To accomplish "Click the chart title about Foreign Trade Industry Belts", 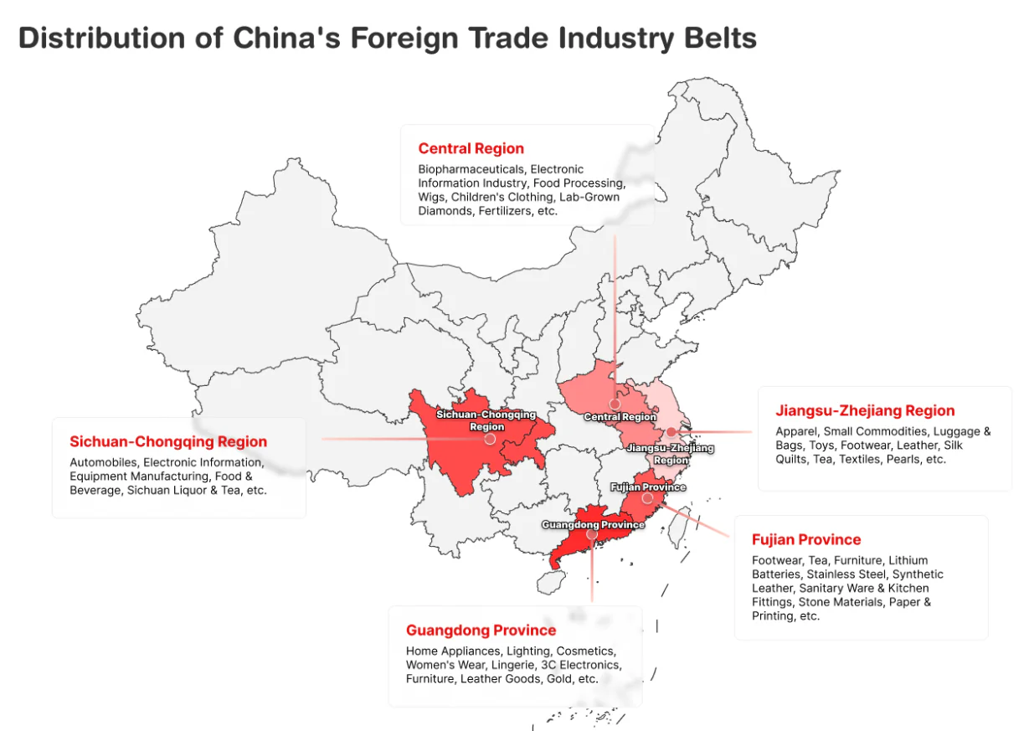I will pyautogui.click(x=387, y=38).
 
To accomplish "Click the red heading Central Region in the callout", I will pyautogui.click(x=471, y=149).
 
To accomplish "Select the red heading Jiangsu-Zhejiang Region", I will pyautogui.click(x=865, y=410).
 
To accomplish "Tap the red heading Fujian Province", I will pyautogui.click(x=805, y=539).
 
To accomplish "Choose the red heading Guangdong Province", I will pyautogui.click(x=481, y=630).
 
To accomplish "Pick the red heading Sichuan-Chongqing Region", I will pyautogui.click(x=168, y=441).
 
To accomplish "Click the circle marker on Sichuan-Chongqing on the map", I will pyautogui.click(x=490, y=439).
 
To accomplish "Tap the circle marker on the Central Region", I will pyautogui.click(x=615, y=404).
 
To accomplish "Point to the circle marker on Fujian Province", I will pyautogui.click(x=647, y=497).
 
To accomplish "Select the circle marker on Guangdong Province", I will pyautogui.click(x=592, y=534).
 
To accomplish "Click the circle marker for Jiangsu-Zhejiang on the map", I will pyautogui.click(x=671, y=432).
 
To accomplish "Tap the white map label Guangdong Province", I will pyautogui.click(x=593, y=524).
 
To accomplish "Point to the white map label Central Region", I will pyautogui.click(x=620, y=417).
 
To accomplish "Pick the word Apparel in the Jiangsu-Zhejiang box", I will pyautogui.click(x=795, y=431).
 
